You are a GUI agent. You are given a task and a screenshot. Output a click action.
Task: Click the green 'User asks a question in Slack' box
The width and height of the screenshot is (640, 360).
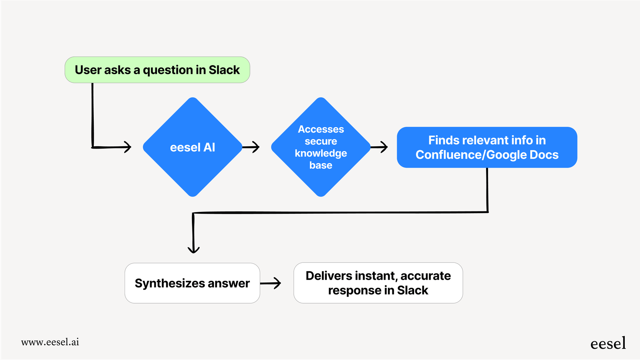point(157,70)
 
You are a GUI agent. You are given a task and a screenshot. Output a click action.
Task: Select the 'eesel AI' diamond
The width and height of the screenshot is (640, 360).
point(193,147)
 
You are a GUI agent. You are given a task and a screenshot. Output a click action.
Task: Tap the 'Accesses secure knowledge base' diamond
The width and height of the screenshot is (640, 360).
point(321,147)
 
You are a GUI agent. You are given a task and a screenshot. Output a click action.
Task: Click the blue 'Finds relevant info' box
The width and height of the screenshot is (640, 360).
point(487,147)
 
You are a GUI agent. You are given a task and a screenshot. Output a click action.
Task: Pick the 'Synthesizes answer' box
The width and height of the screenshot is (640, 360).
point(192,283)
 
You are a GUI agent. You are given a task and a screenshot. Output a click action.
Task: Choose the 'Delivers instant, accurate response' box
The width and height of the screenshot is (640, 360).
point(378,283)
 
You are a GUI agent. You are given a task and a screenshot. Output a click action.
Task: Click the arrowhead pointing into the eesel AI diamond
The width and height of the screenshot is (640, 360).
point(127,147)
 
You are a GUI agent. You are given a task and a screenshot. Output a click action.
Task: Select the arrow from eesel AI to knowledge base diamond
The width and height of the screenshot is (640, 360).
point(251,147)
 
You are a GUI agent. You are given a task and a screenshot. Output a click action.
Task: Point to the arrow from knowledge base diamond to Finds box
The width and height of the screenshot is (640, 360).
point(379,147)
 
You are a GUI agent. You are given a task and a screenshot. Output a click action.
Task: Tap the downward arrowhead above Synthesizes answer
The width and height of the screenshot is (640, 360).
point(194,249)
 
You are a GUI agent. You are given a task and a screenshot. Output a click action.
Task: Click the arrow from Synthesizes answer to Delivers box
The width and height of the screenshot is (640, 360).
point(271,283)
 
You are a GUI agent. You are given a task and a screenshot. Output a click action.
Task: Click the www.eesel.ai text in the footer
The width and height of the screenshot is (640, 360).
point(50,342)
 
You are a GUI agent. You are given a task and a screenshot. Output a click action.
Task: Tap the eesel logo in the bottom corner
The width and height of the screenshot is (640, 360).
point(608,343)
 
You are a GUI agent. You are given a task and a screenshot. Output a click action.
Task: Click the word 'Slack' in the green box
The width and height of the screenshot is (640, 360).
point(224,70)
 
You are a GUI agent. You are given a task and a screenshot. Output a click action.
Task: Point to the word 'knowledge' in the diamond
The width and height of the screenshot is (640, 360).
point(321,153)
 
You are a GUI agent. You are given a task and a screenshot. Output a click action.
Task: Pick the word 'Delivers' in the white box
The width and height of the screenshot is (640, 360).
point(329,275)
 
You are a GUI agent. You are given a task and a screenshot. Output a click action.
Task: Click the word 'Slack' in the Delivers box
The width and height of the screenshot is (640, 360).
point(413,290)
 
